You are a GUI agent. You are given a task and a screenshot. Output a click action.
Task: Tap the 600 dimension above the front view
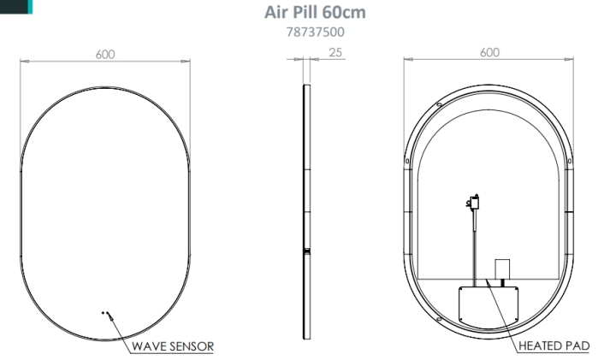click(x=105, y=53)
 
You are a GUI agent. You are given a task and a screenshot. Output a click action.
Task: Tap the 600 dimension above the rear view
click(x=489, y=52)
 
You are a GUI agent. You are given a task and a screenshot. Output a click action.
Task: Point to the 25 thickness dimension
click(x=336, y=53)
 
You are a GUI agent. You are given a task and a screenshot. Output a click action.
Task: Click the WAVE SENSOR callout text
click(x=172, y=346)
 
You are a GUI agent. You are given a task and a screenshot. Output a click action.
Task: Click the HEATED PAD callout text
click(x=554, y=346)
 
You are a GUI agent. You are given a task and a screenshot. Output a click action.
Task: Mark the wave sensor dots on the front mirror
click(x=105, y=314)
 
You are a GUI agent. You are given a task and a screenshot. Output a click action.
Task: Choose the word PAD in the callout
click(x=577, y=346)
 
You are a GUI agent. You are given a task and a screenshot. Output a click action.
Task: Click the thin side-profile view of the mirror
click(x=306, y=205)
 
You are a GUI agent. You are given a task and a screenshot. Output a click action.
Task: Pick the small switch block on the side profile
click(x=306, y=251)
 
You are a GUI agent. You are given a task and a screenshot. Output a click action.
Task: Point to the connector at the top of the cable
click(x=471, y=203)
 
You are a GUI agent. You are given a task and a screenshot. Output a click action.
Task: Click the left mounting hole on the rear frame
click(x=408, y=159)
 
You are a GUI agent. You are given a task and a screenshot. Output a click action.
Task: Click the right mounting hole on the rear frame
click(x=571, y=159)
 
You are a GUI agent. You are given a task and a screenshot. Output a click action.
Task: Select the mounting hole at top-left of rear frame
click(x=438, y=104)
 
